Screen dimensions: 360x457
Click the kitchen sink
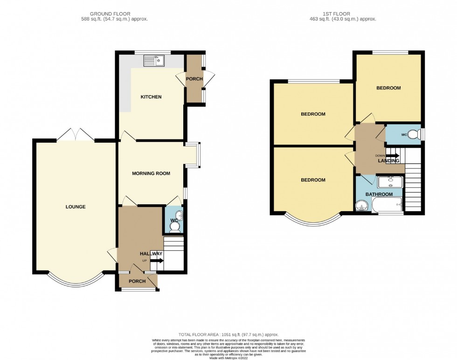(154, 60)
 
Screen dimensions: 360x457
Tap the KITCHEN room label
(151, 97)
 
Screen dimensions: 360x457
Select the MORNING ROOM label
(151, 173)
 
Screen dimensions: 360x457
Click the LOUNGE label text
(76, 207)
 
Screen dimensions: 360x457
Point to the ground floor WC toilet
(175, 227)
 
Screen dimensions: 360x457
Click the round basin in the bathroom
(362, 205)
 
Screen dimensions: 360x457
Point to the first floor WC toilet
(412, 133)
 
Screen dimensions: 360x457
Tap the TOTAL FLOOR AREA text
(228, 334)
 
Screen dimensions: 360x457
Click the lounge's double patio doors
(75, 135)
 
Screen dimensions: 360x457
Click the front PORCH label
(137, 281)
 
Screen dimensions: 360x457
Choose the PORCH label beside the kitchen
(194, 79)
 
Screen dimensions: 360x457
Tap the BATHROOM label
(379, 194)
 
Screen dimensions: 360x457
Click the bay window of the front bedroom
(312, 220)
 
